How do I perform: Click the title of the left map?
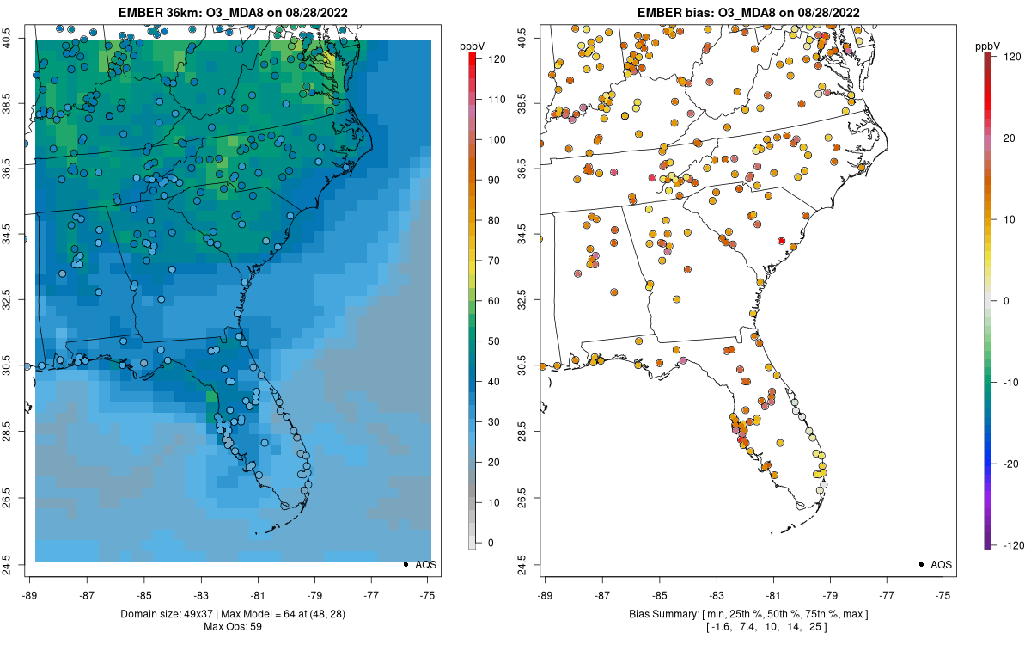pyautogui.click(x=232, y=12)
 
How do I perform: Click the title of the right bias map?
pyautogui.click(x=747, y=12)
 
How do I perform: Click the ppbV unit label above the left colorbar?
pyautogui.click(x=473, y=43)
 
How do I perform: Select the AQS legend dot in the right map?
pyautogui.click(x=921, y=564)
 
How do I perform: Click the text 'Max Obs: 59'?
pyautogui.click(x=232, y=626)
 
